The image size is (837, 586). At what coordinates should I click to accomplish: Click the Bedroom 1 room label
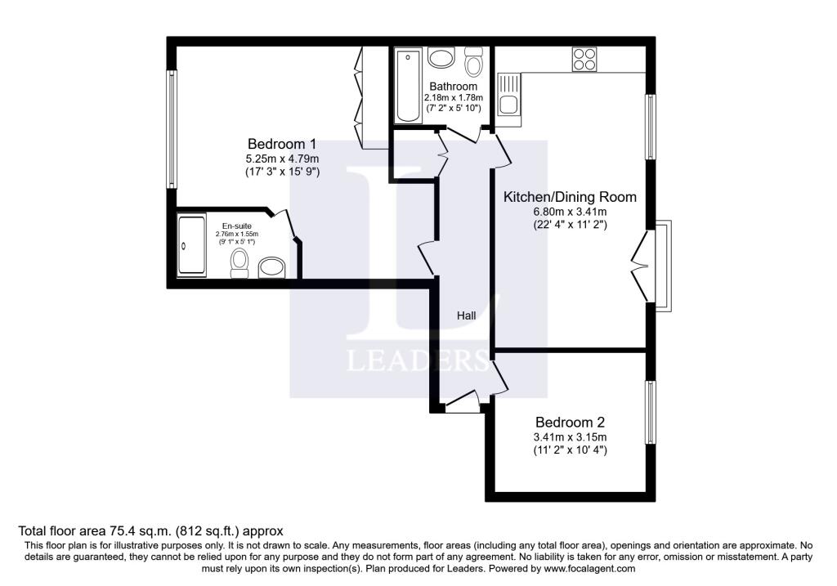point(282,144)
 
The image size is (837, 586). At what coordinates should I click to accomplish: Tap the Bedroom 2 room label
point(570,423)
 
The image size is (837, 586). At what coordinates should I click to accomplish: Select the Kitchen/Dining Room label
point(570,197)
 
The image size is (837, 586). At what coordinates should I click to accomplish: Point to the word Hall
point(466,316)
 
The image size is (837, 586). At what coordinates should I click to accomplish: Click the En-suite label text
point(236,226)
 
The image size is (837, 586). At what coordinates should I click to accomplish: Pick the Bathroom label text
point(453,87)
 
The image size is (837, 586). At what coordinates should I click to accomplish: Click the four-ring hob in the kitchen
point(584,59)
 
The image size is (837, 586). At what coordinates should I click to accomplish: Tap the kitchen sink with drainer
point(509,95)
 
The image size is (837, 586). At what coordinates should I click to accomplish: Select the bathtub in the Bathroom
point(409,85)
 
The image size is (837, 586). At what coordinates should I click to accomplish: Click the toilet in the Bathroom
point(473,61)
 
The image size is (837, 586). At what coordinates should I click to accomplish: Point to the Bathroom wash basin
point(441,58)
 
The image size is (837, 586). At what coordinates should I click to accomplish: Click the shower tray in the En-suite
point(191,245)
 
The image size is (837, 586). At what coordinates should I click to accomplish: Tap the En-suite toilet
point(239,263)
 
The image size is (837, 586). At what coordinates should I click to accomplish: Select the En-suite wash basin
point(271,268)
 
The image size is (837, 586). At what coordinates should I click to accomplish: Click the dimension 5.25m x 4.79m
point(282,159)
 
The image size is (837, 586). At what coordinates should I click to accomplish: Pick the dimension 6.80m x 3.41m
point(570,212)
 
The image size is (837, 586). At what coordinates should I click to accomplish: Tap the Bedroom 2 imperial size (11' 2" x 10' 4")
point(570,450)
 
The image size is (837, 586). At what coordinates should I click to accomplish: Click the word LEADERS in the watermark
point(418,360)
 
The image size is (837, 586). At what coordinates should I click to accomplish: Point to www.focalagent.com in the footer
point(589,568)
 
